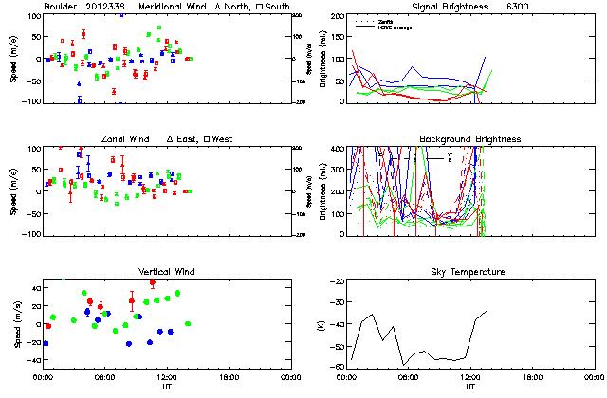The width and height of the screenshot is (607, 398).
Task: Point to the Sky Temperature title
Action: coord(458,272)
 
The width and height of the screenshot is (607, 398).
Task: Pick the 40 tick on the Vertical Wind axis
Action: coord(31,286)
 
